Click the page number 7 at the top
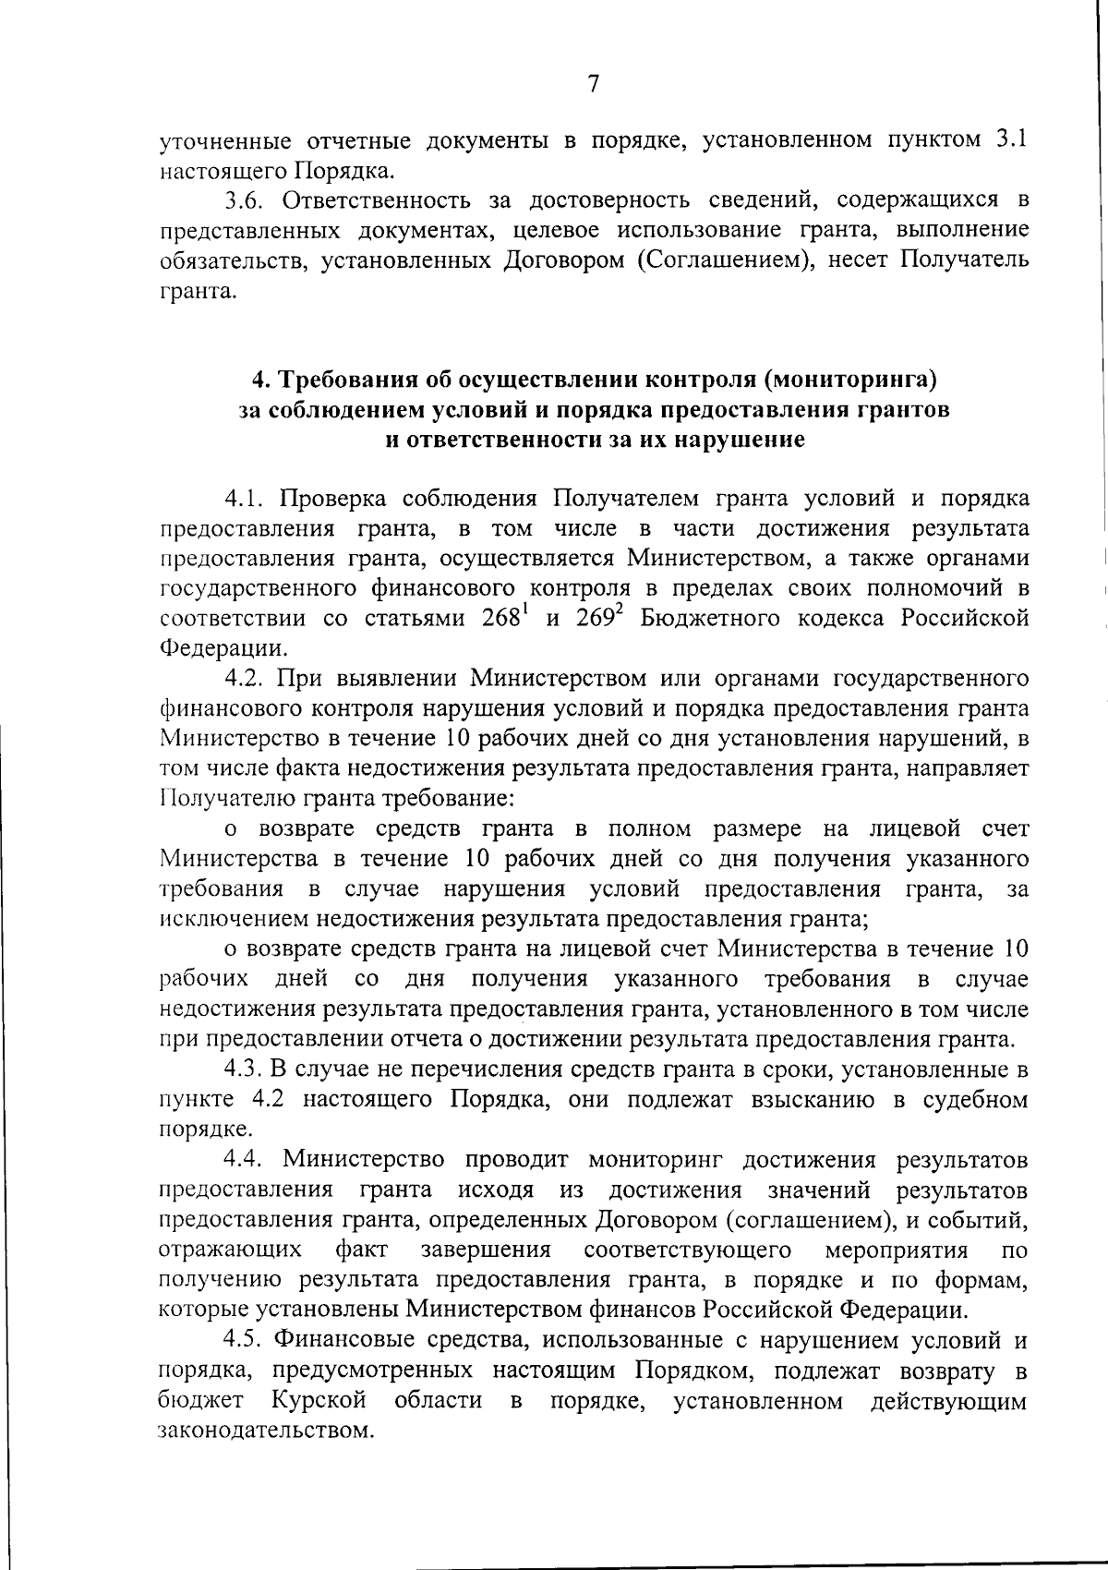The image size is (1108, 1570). tap(594, 84)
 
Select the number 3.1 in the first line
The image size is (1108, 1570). tap(1013, 140)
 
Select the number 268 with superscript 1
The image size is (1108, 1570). tap(505, 618)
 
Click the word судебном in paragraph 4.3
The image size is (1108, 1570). tap(972, 1100)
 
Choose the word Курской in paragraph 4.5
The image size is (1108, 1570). tap(319, 1400)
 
